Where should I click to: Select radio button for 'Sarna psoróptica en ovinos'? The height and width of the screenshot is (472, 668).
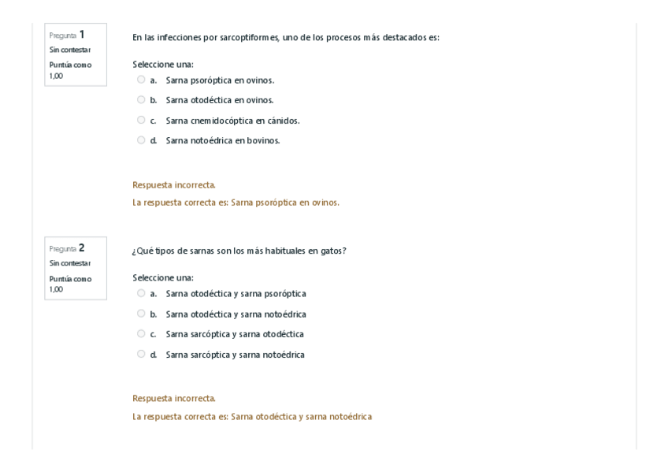coord(141,80)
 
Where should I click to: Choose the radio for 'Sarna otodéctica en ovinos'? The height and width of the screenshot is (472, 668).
coord(141,100)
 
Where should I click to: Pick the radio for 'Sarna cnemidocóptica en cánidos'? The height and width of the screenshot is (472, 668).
coord(141,120)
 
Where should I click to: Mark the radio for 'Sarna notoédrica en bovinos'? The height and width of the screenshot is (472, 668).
coord(141,140)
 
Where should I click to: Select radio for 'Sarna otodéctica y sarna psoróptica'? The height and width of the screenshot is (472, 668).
coord(141,293)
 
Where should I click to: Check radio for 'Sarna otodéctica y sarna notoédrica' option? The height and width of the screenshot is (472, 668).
coord(141,314)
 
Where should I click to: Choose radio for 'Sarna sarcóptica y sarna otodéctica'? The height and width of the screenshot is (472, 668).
coord(141,333)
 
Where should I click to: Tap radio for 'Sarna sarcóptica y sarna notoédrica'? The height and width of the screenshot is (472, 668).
coord(141,354)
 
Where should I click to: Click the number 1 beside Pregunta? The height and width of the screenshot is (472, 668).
coord(81,35)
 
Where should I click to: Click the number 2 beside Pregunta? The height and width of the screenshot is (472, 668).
coord(81,248)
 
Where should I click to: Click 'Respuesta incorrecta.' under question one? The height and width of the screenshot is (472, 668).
coord(174,185)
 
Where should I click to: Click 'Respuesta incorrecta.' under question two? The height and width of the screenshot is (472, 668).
coord(174,398)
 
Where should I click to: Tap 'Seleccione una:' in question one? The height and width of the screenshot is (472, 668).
coord(163,64)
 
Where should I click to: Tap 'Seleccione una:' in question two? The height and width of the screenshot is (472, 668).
coord(163,277)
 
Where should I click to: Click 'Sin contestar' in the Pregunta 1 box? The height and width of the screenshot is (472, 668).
coord(69,50)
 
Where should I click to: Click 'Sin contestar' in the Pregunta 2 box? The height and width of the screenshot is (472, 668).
coord(69,263)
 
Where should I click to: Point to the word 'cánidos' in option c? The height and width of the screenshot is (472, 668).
coord(284,121)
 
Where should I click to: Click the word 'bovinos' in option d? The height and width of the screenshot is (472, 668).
coord(264,140)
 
